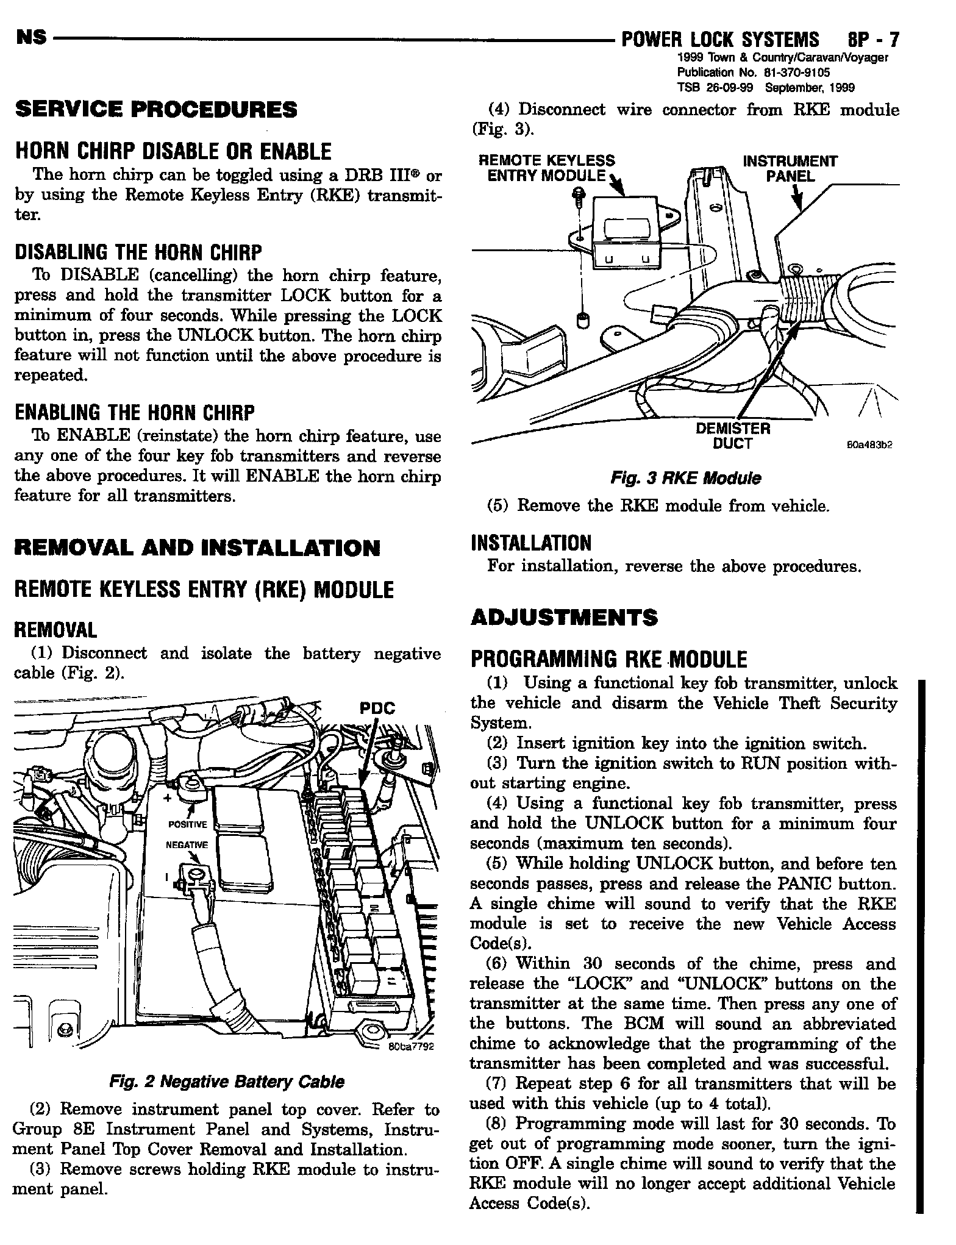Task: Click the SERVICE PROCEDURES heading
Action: tap(156, 110)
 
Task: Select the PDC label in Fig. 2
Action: tap(377, 708)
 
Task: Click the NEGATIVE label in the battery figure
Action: tap(187, 845)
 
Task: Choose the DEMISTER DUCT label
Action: tap(733, 437)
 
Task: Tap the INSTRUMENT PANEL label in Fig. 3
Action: tap(790, 169)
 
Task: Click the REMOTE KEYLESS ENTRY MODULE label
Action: tap(547, 168)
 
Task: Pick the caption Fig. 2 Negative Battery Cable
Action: tap(226, 1082)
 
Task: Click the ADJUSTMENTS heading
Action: tap(564, 618)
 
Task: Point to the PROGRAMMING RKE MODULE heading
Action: tap(608, 660)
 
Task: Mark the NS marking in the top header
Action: tap(32, 38)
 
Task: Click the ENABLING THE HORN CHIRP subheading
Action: tap(135, 413)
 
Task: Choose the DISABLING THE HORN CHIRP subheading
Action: tap(138, 252)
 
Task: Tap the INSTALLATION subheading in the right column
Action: tap(531, 543)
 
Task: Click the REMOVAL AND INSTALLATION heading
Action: tap(197, 548)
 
